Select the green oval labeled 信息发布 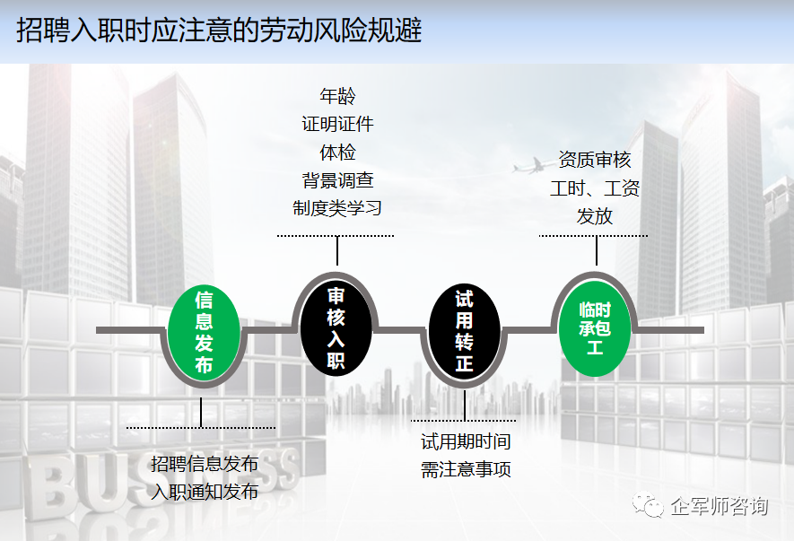pos(204,331)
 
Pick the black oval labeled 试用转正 pos(464,332)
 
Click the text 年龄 pos(337,96)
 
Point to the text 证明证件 pos(337,124)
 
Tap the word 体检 pos(337,152)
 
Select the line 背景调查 pos(337,179)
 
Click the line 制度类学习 pos(337,208)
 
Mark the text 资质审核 pos(595,161)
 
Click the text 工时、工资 pos(595,188)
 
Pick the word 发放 pos(595,216)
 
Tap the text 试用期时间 pos(466,441)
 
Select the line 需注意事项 pos(466,469)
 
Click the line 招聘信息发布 pos(205,464)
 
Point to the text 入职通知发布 pos(205,492)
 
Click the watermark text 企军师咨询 pos(720,507)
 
